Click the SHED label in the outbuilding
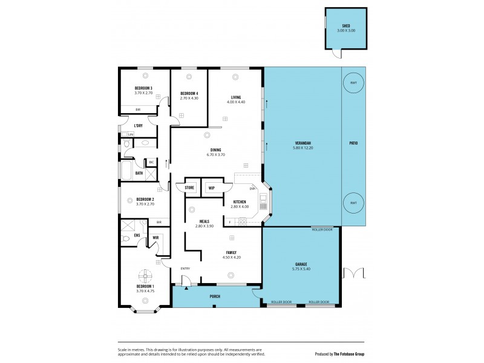tap(346, 26)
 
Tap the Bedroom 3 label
tap(143, 88)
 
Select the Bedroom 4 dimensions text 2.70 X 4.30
tap(189, 98)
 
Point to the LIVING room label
tap(236, 97)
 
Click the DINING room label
tap(215, 150)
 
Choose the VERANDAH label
tap(302, 143)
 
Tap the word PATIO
tap(354, 143)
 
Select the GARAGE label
tap(301, 264)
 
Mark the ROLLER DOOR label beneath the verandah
tap(322, 230)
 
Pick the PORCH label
tap(215, 296)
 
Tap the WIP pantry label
tap(212, 188)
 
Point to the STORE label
tap(189, 188)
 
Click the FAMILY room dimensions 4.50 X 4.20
tap(231, 257)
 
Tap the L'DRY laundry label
tap(138, 126)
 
